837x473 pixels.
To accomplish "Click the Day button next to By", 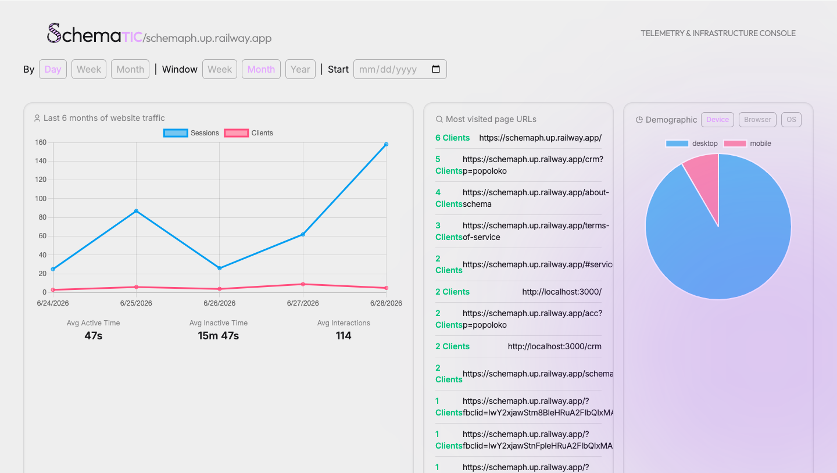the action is point(53,69).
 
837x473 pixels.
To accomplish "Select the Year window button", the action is point(300,69).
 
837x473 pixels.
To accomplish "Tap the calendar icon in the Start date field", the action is point(436,69).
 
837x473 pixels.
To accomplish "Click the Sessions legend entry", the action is point(191,133).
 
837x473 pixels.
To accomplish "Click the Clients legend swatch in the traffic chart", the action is point(236,133).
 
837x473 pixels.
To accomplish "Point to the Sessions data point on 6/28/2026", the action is point(386,144).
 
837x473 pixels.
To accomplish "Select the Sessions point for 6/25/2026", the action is point(136,211).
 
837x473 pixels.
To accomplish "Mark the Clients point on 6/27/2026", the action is point(303,284).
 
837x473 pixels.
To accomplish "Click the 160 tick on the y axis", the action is point(41,142).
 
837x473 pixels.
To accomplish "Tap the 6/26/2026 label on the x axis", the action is point(219,303).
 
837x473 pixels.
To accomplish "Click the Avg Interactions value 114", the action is point(344,336).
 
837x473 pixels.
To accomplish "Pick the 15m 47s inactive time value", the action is point(218,336).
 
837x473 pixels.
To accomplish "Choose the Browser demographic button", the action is point(757,120).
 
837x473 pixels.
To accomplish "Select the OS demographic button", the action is point(791,120).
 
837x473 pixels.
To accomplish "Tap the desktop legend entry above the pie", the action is point(692,144).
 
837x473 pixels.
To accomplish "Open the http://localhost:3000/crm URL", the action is point(555,346).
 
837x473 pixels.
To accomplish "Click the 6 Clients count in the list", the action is point(452,138).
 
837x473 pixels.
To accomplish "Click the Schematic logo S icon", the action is point(54,33).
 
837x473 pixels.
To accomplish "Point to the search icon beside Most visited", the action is point(439,119).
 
